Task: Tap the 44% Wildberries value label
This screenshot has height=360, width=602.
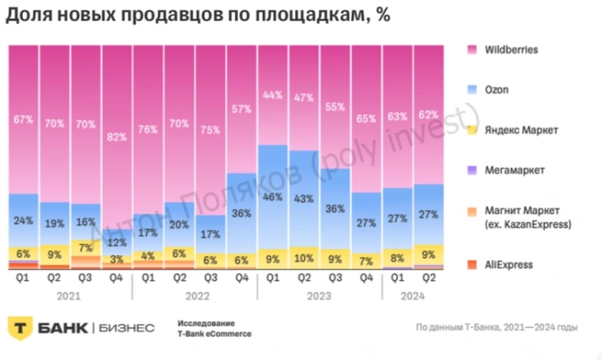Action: click(273, 95)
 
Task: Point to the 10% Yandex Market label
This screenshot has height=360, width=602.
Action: click(303, 258)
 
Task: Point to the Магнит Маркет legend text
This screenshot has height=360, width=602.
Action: click(524, 217)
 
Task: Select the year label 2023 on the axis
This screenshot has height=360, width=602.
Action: click(319, 293)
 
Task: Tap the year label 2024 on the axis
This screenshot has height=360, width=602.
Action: click(413, 293)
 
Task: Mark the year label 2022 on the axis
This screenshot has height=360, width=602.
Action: click(195, 293)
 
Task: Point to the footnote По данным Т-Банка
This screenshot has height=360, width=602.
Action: click(496, 327)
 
